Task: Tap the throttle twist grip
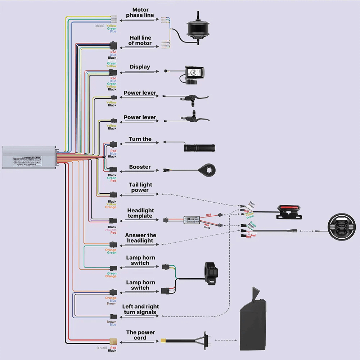click(199, 148)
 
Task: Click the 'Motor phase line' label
click(140, 13)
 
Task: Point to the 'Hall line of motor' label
click(140, 40)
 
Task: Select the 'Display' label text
click(140, 67)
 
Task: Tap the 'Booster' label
click(140, 167)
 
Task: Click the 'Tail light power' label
click(140, 187)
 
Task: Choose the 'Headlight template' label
click(140, 213)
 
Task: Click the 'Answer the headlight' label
click(140, 238)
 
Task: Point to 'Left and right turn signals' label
click(140, 309)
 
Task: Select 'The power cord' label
click(140, 335)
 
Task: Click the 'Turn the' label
click(140, 139)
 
